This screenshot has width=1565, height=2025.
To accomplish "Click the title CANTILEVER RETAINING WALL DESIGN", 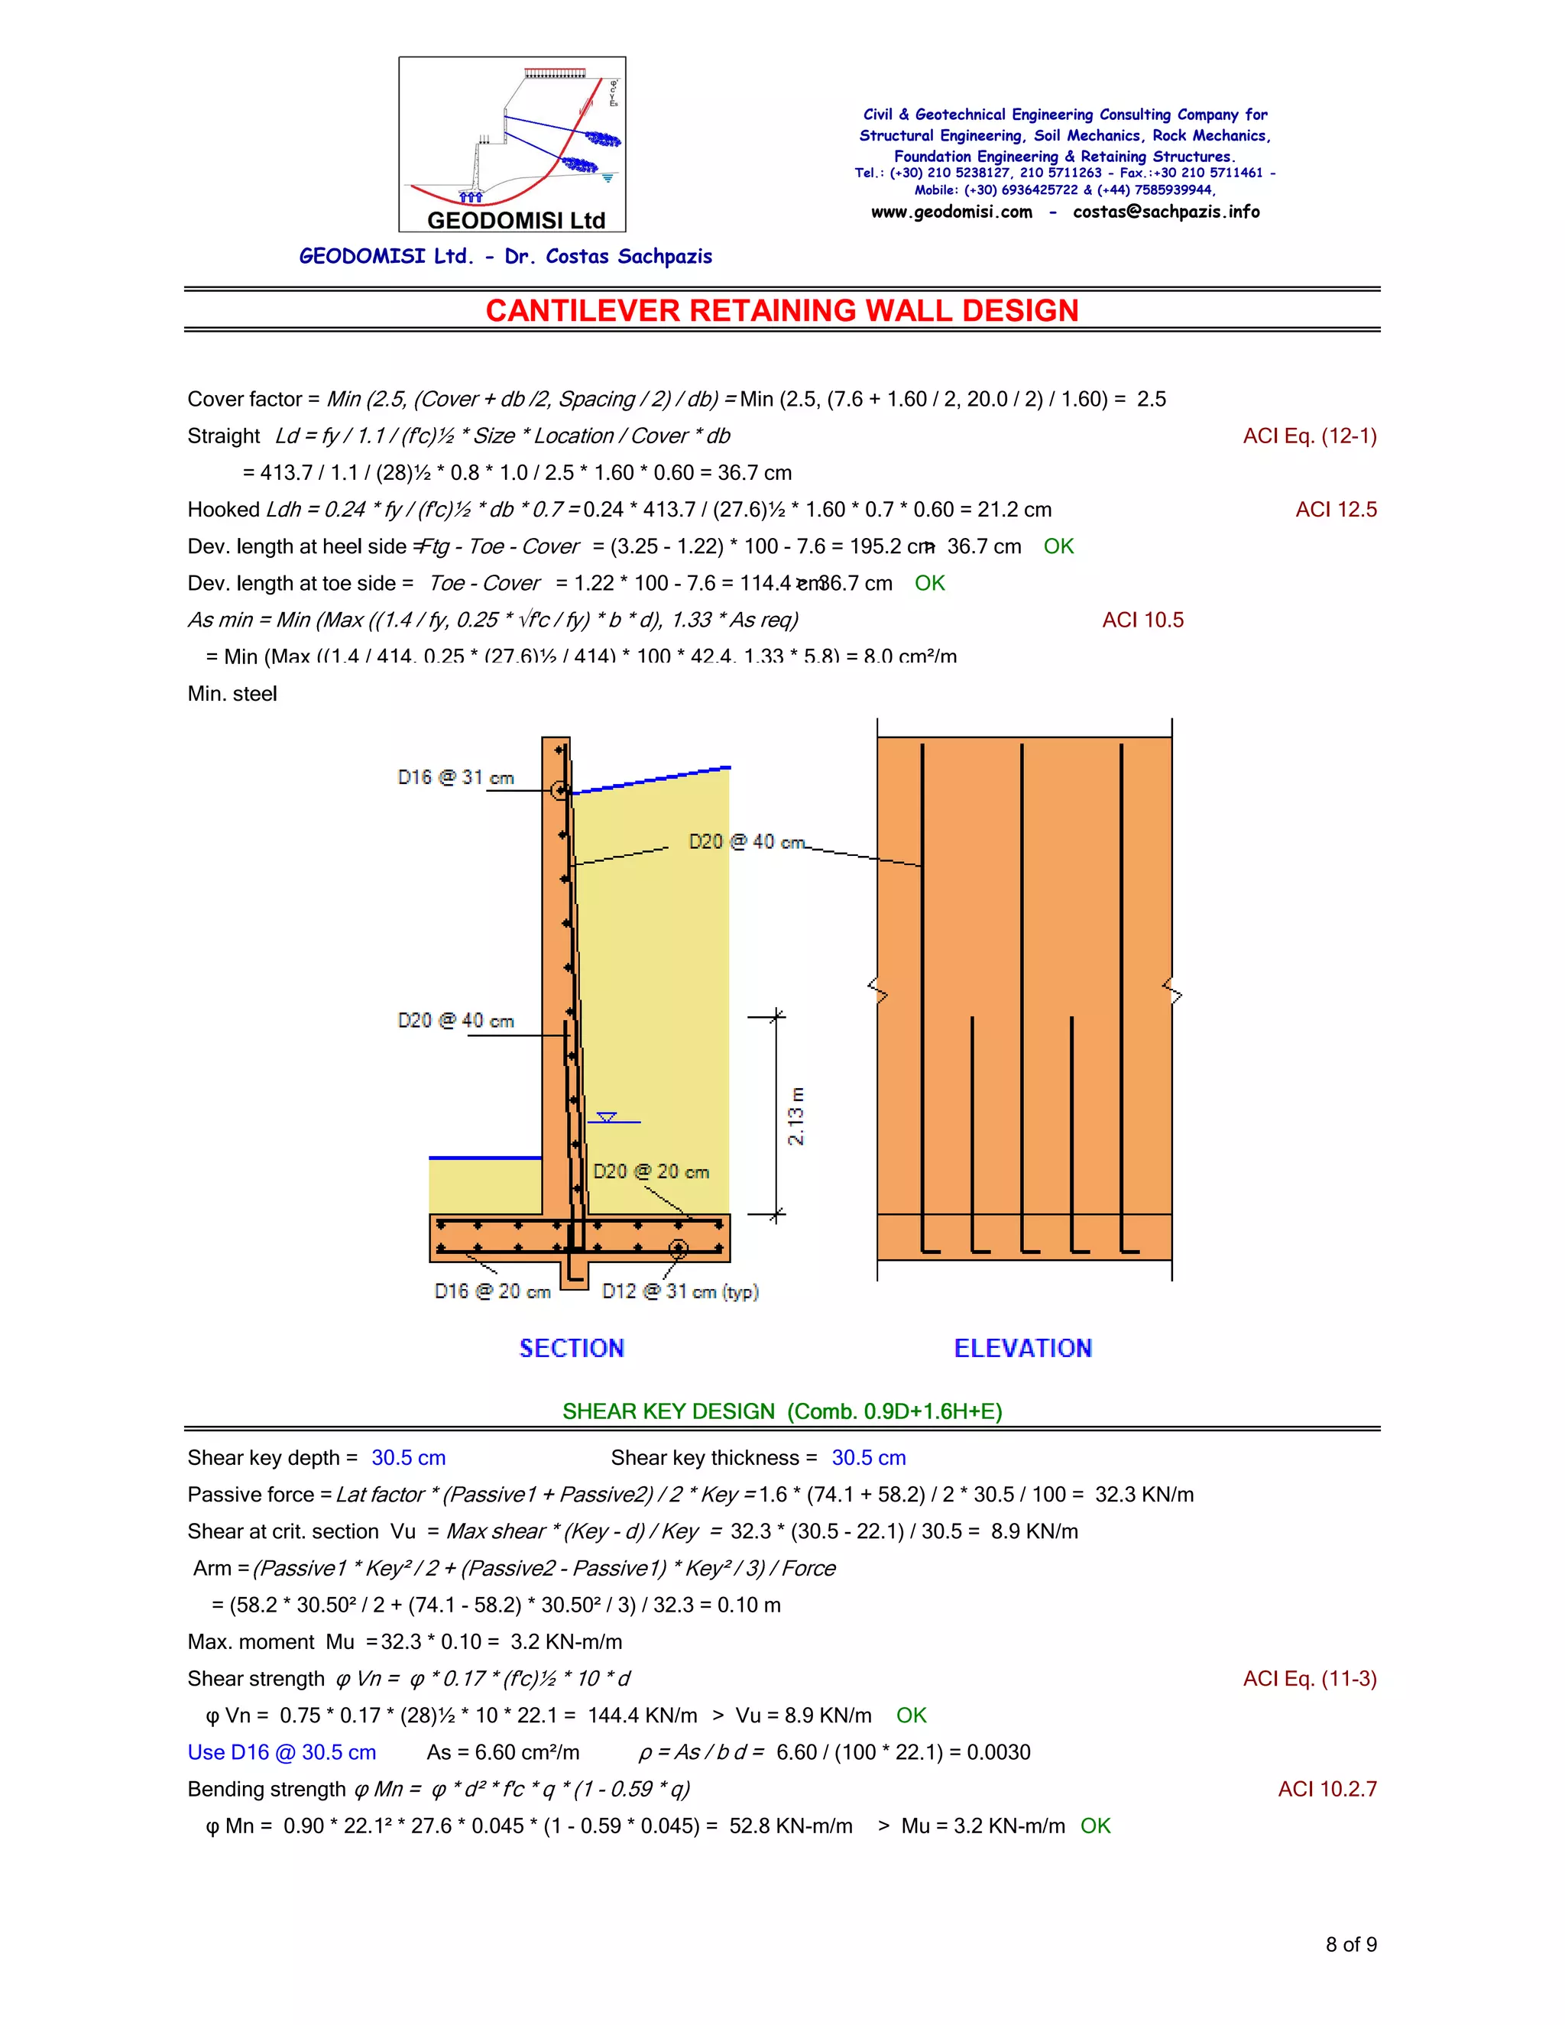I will pos(782,310).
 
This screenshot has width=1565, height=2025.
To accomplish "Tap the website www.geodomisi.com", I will pos(951,212).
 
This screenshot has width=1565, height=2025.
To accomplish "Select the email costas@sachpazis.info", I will pos(1165,212).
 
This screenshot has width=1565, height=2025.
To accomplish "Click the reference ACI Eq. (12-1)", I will pos(1309,436).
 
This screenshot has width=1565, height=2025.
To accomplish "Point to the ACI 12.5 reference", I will pos(1335,510).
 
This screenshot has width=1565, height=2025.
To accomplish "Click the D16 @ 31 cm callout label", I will pos(455,778).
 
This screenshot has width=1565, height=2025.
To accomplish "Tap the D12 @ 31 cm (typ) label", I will pos(679,1291).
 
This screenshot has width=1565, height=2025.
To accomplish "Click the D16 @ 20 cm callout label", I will pos(492,1291).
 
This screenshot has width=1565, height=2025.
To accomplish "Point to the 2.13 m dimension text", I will pos(795,1116).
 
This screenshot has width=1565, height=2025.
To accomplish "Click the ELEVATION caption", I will pos(1022,1348).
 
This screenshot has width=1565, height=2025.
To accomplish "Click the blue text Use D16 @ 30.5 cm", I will pos(282,1752).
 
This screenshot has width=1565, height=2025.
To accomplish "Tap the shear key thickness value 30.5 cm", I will pos(868,1457).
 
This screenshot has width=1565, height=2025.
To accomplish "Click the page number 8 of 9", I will pos(1350,1944).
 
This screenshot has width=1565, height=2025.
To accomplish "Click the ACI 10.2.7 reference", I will pos(1327,1790).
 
